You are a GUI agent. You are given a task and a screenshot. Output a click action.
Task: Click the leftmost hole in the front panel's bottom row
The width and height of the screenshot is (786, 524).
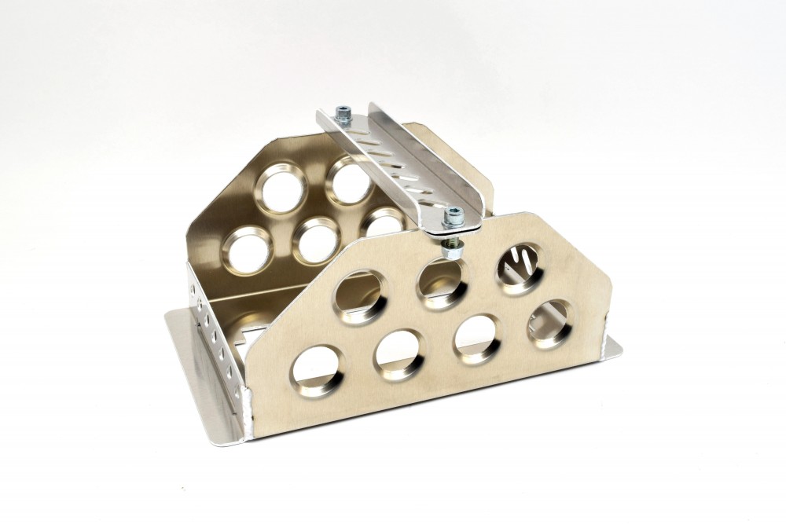[319, 368]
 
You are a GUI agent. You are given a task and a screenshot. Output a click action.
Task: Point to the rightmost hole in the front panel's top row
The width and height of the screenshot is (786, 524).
[518, 268]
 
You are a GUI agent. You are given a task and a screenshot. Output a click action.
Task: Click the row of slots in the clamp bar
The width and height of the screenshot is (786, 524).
[396, 168]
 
